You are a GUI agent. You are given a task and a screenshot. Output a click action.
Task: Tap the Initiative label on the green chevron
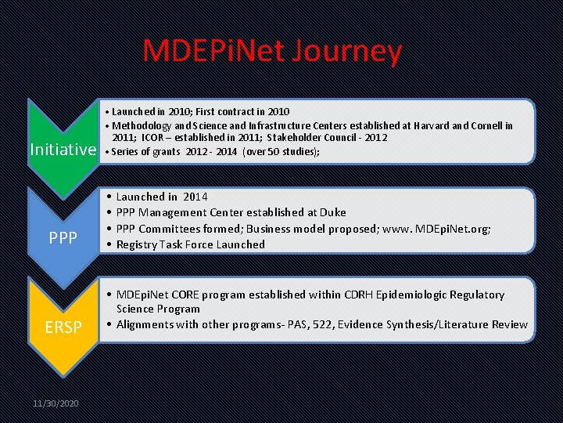click(x=62, y=150)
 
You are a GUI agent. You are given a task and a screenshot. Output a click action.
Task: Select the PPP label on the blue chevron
click(x=63, y=236)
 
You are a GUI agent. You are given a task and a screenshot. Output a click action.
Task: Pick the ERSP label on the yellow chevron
click(x=63, y=327)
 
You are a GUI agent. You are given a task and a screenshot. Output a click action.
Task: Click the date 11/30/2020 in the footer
click(x=56, y=403)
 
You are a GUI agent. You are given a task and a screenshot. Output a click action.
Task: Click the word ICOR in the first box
click(x=153, y=138)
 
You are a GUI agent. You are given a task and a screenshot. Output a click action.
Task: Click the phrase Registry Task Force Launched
click(x=191, y=244)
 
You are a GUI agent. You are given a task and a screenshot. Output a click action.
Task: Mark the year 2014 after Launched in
click(x=195, y=197)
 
